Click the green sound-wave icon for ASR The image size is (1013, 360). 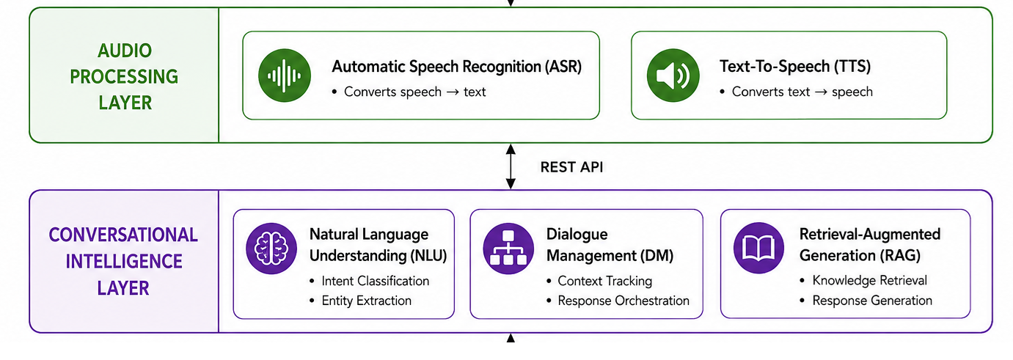pos(285,75)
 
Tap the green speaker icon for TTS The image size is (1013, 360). pos(673,75)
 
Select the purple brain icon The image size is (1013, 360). pos(271,249)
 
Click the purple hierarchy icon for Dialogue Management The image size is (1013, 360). pos(508,249)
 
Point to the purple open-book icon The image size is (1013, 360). pos(759,248)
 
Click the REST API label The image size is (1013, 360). pos(571,167)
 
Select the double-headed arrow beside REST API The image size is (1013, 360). pos(511,166)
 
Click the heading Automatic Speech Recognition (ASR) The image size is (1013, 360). pos(457,67)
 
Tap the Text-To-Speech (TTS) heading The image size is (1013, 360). pos(795,67)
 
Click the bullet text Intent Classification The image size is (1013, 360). pos(376,281)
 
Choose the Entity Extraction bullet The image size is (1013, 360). pos(366,301)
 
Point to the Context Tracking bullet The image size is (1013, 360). pos(604,281)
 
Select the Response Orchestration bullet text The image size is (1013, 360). pos(623,301)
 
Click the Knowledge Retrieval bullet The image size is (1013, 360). pos(870,280)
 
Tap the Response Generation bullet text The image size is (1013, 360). pos(872,301)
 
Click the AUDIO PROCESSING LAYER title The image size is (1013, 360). pos(125,76)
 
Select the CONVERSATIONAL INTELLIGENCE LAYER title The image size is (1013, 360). pos(123,262)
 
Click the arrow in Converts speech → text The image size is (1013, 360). pos(453,92)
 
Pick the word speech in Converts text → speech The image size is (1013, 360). pos(852,92)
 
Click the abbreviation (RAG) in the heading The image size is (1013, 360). pos(900,256)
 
